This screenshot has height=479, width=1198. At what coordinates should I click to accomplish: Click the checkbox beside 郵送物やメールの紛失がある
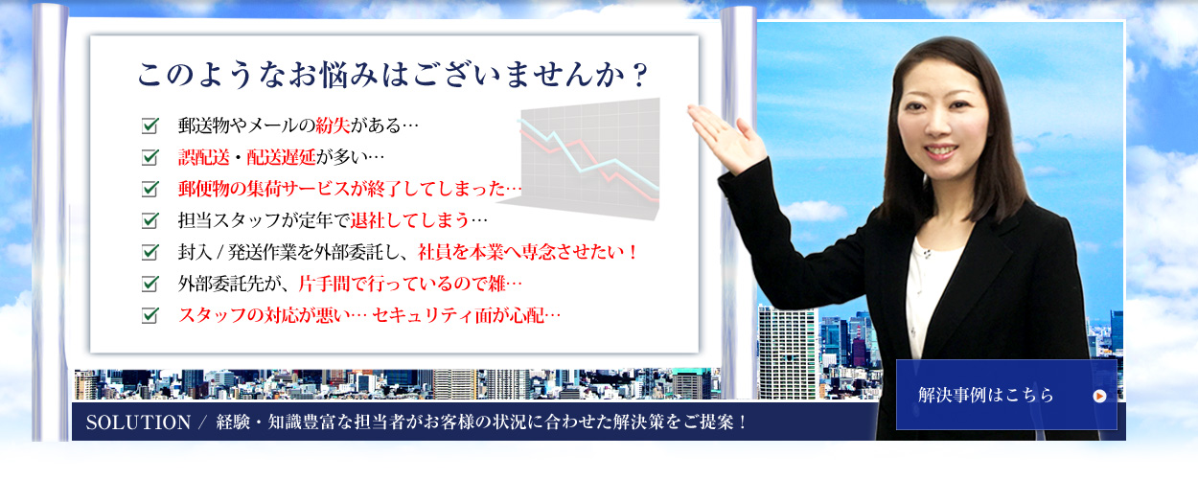coord(150,125)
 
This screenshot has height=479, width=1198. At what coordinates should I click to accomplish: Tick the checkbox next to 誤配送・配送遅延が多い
coord(150,157)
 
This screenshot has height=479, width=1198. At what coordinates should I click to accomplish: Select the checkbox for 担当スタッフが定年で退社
coord(150,220)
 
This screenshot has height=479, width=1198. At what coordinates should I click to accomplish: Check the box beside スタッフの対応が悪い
coord(150,315)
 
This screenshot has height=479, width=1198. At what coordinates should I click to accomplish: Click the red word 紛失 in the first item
coord(333,125)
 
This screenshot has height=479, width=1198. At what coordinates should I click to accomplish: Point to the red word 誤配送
coord(204,157)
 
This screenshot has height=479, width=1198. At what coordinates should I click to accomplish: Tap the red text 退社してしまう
coord(410,220)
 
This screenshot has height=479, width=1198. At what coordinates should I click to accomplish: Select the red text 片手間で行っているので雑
coord(402,284)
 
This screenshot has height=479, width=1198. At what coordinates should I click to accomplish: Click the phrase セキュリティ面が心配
coord(458,315)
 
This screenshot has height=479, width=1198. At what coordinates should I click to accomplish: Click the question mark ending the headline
coord(638,76)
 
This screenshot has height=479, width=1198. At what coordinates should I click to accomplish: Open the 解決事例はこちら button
coord(1006,395)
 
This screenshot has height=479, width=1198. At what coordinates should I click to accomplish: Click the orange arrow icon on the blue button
coord(1099,396)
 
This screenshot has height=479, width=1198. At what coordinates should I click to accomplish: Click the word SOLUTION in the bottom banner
coord(138,422)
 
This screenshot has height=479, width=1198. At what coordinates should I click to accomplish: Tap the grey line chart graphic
coord(583,159)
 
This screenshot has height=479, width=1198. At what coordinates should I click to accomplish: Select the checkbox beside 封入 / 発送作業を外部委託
coord(150,252)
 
